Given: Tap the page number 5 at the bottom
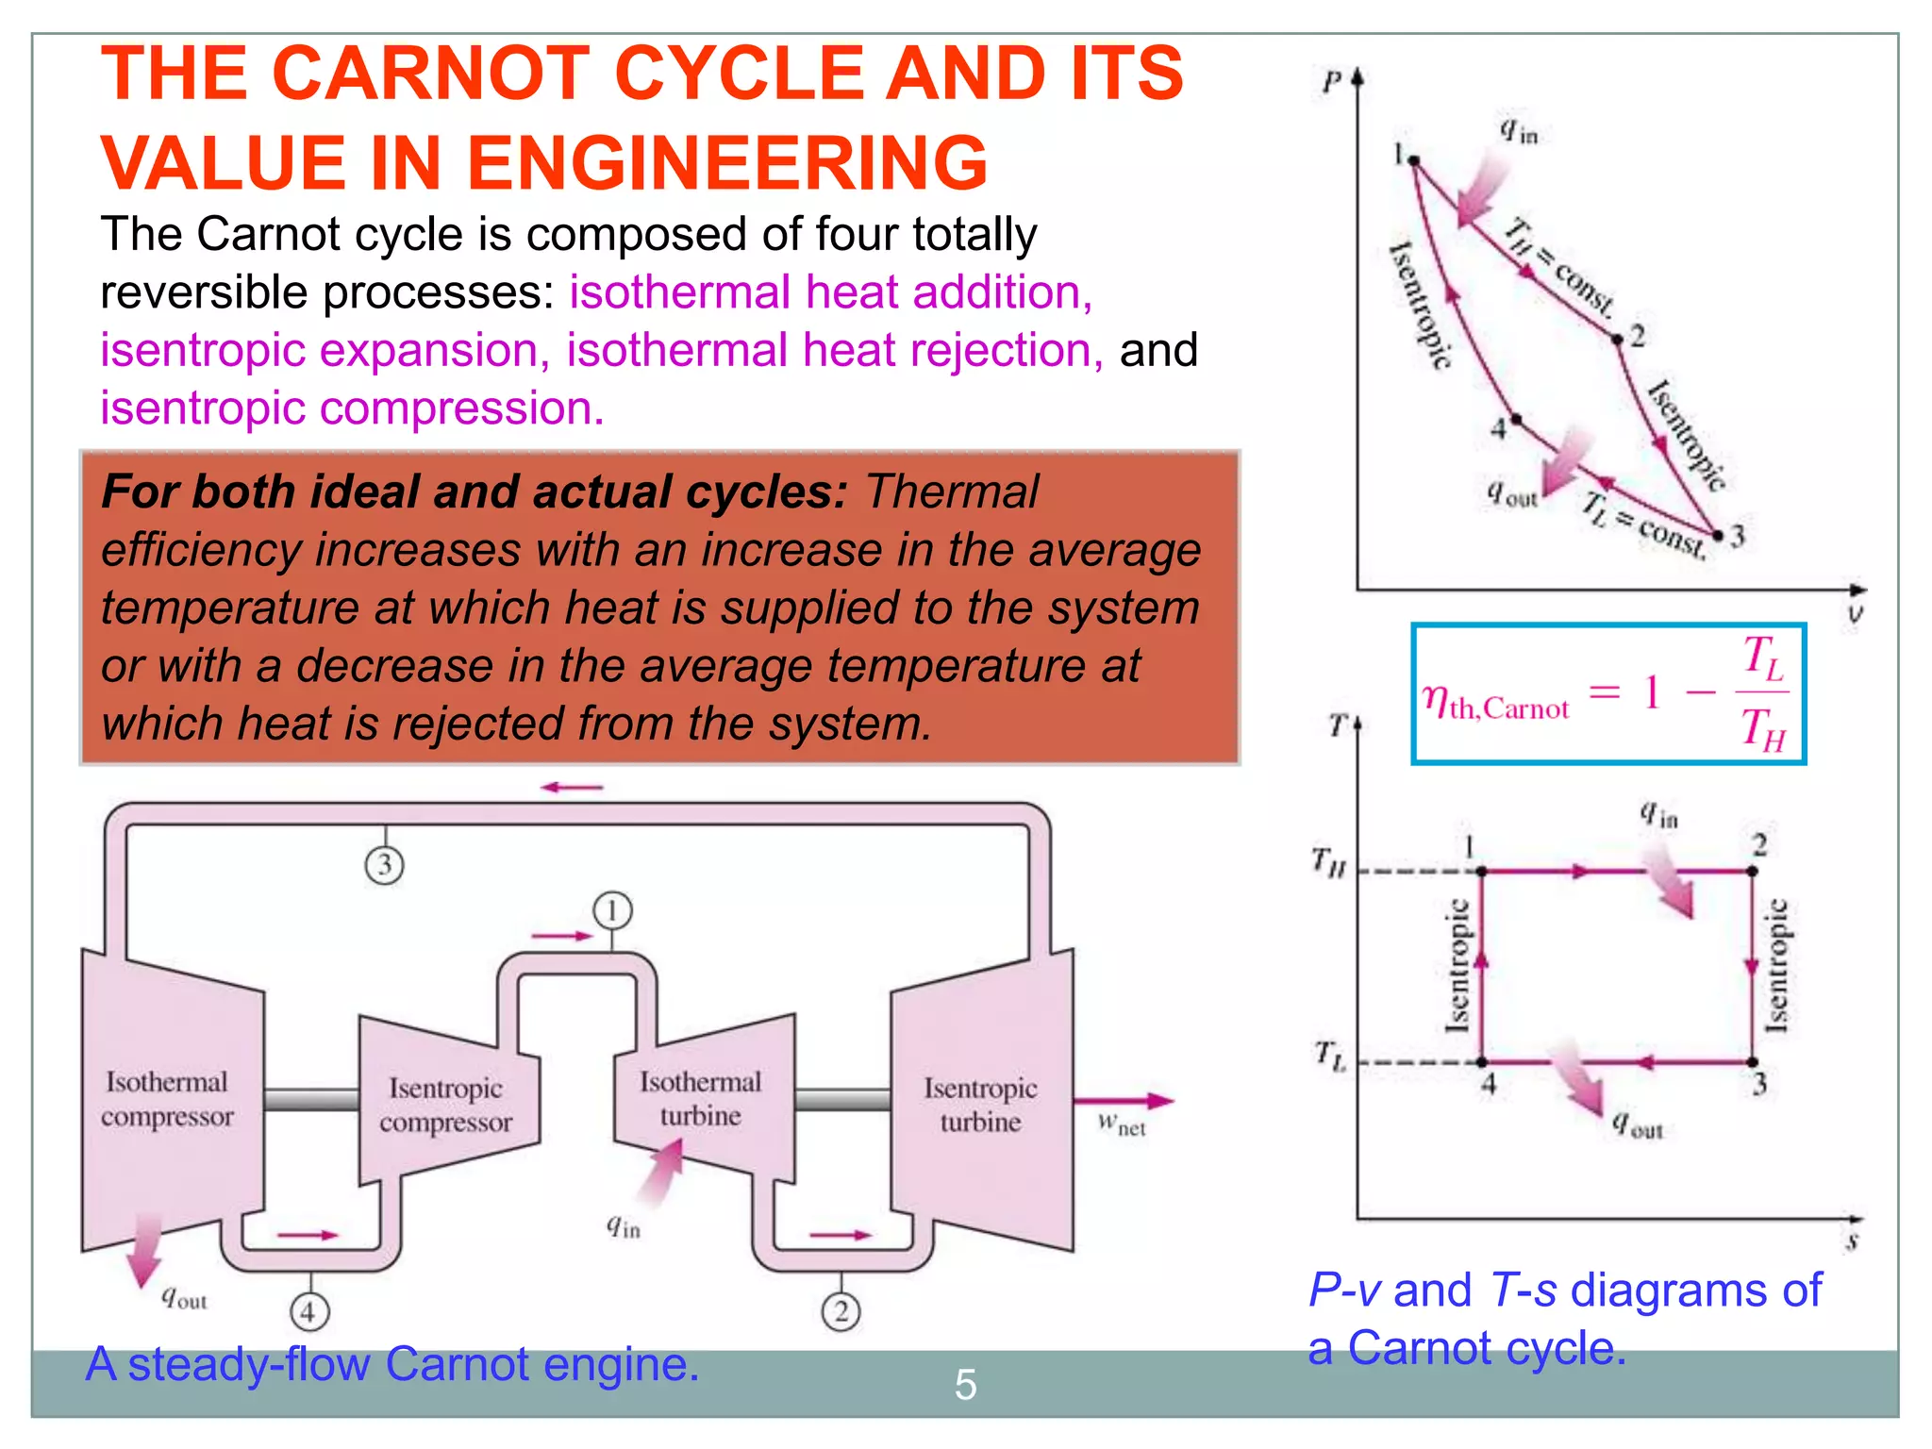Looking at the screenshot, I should pyautogui.click(x=965, y=1384).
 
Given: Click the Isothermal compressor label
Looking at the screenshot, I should pyautogui.click(x=167, y=1099).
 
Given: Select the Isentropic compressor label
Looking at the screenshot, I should pyautogui.click(x=445, y=1105).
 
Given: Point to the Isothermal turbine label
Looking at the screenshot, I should pyautogui.click(x=700, y=1099).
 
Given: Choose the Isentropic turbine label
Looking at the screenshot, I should pyautogui.click(x=980, y=1105).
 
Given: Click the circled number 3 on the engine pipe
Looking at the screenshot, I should pyautogui.click(x=384, y=865).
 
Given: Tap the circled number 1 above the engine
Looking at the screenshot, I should pyautogui.click(x=612, y=910).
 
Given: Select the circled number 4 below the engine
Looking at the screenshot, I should pyautogui.click(x=308, y=1311).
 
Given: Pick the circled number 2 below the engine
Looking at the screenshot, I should pyautogui.click(x=841, y=1311).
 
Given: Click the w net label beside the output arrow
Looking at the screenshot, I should pyautogui.click(x=1121, y=1124).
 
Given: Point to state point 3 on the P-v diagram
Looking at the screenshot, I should pyautogui.click(x=1718, y=536).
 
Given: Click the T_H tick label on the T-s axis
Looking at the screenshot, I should pyautogui.click(x=1328, y=861).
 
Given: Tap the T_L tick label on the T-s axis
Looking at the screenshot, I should pyautogui.click(x=1330, y=1055).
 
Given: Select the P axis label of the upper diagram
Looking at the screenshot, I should pyautogui.click(x=1331, y=83).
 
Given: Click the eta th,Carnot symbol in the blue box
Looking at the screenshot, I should pyautogui.click(x=1495, y=703).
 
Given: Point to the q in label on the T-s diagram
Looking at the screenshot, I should pyautogui.click(x=1657, y=814).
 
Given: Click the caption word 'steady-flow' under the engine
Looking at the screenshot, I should pyautogui.click(x=249, y=1365).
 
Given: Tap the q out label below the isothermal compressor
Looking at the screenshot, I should pyautogui.click(x=184, y=1299).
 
